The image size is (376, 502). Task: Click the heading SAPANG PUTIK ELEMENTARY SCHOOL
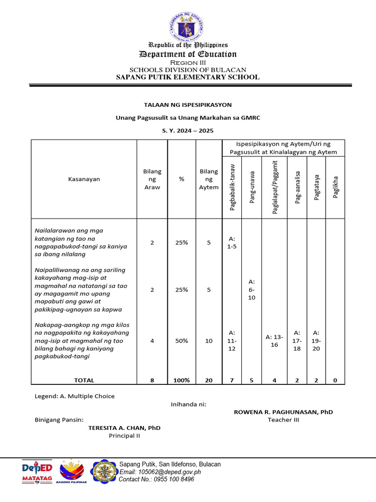pyautogui.click(x=188, y=77)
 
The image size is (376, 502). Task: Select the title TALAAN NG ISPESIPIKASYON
pyautogui.click(x=188, y=105)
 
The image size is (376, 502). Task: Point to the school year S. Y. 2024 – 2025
pyautogui.click(x=188, y=130)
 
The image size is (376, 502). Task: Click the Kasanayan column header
pyautogui.click(x=84, y=179)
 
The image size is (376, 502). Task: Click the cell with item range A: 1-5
pyautogui.click(x=232, y=242)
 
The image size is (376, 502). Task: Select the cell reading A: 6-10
pyautogui.click(x=252, y=290)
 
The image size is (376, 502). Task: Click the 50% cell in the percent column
pyautogui.click(x=182, y=341)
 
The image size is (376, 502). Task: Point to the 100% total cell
pyautogui.click(x=182, y=380)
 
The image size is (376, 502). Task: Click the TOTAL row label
pyautogui.click(x=84, y=380)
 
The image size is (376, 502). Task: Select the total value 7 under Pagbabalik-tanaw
pyautogui.click(x=232, y=380)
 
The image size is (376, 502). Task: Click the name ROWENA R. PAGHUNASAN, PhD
pyautogui.click(x=283, y=412)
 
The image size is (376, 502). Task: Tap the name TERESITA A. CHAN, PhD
pyautogui.click(x=124, y=427)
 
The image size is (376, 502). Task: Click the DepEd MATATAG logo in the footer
pyautogui.click(x=38, y=472)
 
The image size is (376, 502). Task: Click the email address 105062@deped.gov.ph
pyautogui.click(x=160, y=472)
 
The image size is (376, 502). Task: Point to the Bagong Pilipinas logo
pyautogui.click(x=73, y=472)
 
